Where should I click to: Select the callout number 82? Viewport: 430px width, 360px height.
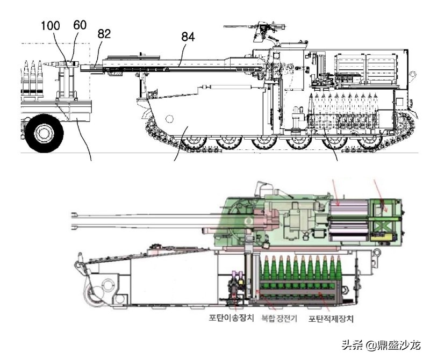(104, 34)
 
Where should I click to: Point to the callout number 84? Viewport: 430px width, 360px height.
(187, 37)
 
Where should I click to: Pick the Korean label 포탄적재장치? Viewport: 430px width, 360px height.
(331, 318)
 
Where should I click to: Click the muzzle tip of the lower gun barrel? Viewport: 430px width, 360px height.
(73, 217)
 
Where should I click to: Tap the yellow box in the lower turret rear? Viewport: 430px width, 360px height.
(383, 234)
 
